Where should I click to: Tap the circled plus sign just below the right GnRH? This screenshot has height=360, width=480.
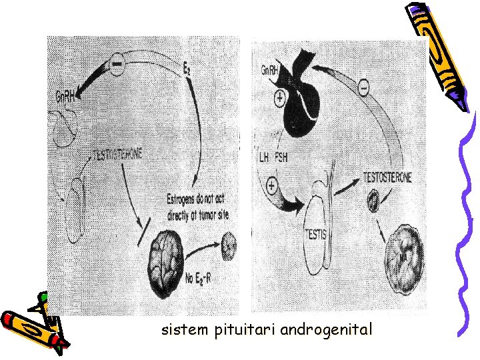(x=279, y=99)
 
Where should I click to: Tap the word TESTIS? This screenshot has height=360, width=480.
(x=317, y=235)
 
